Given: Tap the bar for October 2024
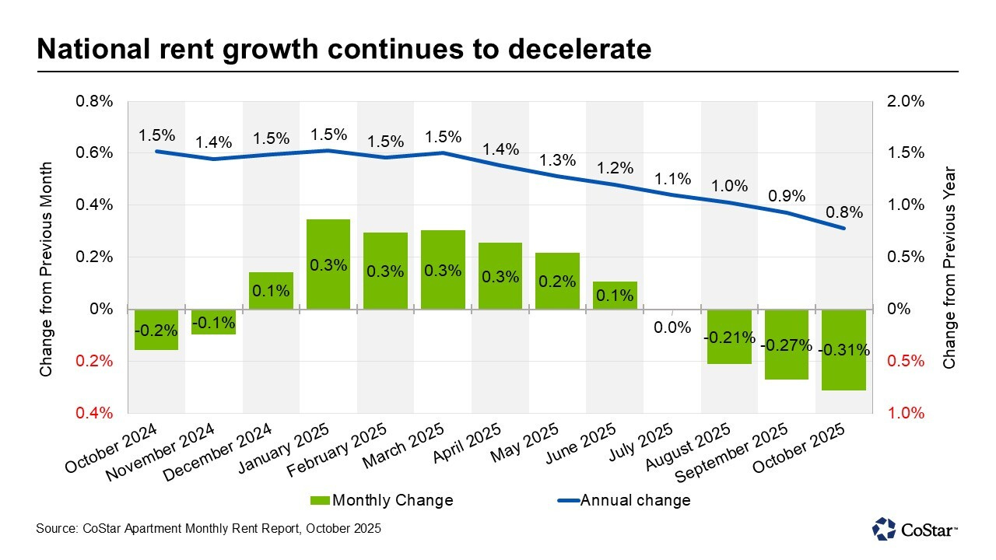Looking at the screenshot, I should (156, 330).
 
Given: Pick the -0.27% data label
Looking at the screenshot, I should (786, 345).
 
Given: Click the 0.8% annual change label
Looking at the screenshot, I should (843, 212).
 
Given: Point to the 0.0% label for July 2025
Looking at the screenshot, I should (672, 327).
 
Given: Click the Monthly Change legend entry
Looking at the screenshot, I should (381, 500).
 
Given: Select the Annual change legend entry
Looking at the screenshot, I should (622, 500).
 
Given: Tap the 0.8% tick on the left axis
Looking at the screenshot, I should (94, 101).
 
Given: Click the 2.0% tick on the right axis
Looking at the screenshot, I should (905, 101).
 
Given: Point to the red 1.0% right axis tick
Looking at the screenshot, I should (905, 413).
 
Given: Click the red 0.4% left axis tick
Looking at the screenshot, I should (94, 413).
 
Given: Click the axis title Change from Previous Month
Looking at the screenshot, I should (46, 270).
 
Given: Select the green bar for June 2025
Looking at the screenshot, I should (615, 296).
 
